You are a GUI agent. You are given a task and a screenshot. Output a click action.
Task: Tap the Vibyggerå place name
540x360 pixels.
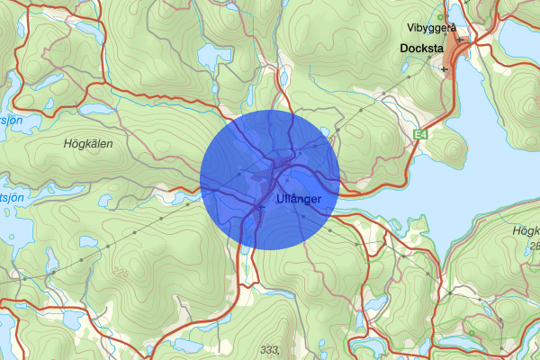click(431, 28)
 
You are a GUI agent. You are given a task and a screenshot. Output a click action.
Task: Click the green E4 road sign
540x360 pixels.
click(418, 135)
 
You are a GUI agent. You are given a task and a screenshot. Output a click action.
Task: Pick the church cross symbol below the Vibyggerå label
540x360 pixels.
click(459, 40)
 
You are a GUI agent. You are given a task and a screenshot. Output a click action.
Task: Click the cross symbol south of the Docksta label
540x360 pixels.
click(445, 68)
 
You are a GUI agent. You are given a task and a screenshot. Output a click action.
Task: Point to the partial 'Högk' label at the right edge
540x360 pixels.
click(525, 231)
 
